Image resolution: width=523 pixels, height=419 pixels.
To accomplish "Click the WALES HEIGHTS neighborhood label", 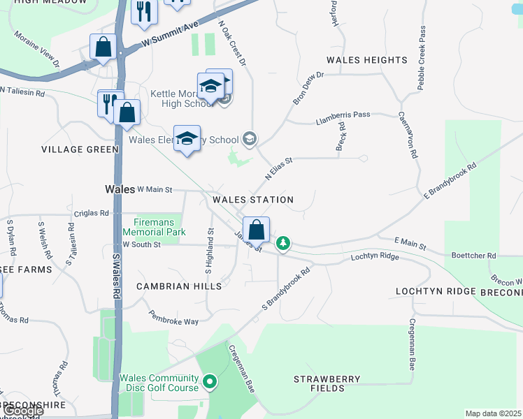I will (366, 60).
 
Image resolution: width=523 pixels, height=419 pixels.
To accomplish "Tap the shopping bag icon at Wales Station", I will (257, 230).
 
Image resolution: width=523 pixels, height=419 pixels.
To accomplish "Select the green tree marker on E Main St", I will (283, 244).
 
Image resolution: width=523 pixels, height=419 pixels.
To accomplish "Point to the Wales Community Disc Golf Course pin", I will (210, 382).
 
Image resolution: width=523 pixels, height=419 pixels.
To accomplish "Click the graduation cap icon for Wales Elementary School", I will (187, 138).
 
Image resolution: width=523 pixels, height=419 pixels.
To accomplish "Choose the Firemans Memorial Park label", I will (154, 227).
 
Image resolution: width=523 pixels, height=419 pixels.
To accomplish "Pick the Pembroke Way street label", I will (173, 318).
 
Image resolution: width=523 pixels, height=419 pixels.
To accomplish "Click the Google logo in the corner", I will (24, 411).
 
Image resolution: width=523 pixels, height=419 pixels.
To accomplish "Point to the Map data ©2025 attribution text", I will (493, 413).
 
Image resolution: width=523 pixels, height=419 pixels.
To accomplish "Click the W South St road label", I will (141, 244).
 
